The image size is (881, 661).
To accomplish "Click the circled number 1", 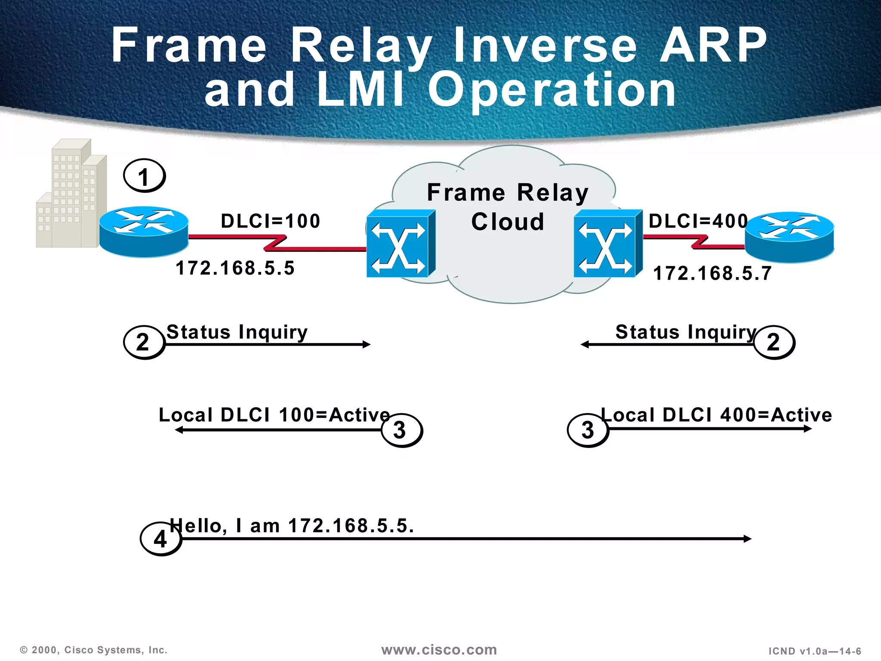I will pos(144,176).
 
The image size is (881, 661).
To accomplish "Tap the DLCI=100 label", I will pos(271,221).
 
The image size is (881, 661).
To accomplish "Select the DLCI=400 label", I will pos(698,221).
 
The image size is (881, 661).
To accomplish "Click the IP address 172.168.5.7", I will pos(712,273).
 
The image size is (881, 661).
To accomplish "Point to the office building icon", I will pos(71,194).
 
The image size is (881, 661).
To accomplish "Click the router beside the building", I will pos(144,232).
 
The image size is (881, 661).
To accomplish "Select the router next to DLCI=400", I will pos(789,237).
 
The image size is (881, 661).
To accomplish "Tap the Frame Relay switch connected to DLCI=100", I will pos(400,244).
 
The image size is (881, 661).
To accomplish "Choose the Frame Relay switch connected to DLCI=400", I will pos(607,244).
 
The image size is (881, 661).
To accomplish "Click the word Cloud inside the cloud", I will pos(508,222).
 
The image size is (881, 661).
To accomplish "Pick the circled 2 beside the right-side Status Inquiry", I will pos(773,343).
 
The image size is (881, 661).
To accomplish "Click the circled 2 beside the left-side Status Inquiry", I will pos(144,343).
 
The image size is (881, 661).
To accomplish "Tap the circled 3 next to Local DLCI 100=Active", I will pos(401,430).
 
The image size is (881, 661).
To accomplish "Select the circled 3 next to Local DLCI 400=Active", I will pos(588,430).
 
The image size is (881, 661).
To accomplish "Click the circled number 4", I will pos(160,539).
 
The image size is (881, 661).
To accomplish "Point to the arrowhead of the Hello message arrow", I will pos(748,539).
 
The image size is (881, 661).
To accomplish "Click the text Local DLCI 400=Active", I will pos(716,415).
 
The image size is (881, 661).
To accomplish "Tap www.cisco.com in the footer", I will pos(439,650).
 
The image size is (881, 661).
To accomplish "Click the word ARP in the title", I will pos(713,45).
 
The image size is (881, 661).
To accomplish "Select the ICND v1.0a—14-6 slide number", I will pos(815,651).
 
